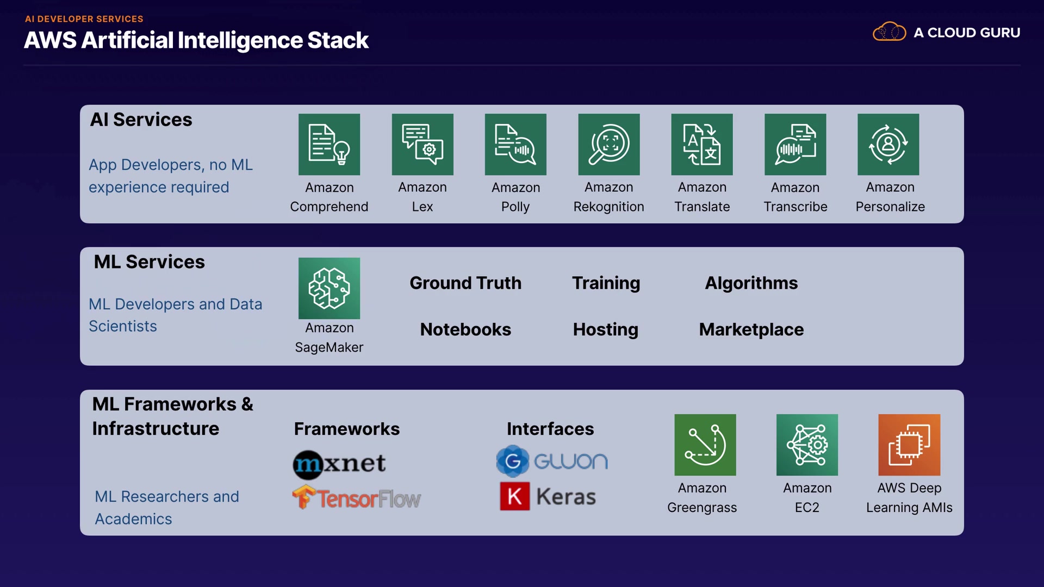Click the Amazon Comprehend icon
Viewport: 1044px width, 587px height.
[329, 145]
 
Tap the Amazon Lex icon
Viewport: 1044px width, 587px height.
[422, 145]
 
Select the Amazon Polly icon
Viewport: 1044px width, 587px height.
[515, 145]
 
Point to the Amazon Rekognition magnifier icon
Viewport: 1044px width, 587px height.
[609, 145]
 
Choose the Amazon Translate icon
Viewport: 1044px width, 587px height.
[702, 145]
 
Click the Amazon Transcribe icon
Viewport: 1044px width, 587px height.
[795, 145]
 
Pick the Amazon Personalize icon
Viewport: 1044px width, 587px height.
[888, 145]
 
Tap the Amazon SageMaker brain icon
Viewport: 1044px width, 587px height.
[329, 288]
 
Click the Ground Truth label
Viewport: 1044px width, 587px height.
[465, 283]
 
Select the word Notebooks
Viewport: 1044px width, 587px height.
[465, 329]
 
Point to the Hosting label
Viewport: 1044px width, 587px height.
[605, 329]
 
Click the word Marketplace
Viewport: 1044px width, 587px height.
[751, 329]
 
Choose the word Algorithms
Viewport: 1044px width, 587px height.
[751, 283]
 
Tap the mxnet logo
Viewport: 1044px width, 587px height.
[339, 464]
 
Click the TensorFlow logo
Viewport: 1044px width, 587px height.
[357, 498]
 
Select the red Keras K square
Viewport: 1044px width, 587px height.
[514, 496]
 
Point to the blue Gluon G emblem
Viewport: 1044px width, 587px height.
[512, 461]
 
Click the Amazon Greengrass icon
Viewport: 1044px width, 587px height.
[705, 445]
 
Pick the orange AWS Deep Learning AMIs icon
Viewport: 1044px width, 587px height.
[909, 445]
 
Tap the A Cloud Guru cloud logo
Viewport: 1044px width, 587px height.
[889, 32]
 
